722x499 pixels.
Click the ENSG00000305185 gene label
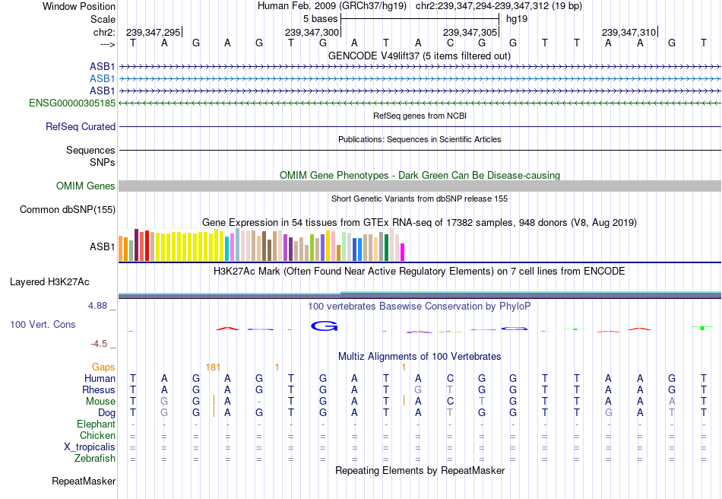(x=72, y=103)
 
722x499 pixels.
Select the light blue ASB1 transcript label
(x=103, y=78)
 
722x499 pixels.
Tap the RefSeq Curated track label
(x=81, y=127)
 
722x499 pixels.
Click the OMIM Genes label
(x=86, y=186)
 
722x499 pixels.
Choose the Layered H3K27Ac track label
(x=49, y=282)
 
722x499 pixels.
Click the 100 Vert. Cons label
(x=43, y=325)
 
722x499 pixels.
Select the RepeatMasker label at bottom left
(x=84, y=482)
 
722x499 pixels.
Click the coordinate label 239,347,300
(x=312, y=33)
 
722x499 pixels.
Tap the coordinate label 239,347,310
(x=629, y=33)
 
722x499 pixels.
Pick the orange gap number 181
(x=213, y=367)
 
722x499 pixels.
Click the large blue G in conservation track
(x=324, y=326)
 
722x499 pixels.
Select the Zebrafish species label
(x=95, y=459)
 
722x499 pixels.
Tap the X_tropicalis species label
(x=90, y=447)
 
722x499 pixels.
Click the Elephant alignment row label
(x=96, y=424)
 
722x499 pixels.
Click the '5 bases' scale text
(x=316, y=19)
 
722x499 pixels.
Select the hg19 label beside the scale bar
(x=516, y=19)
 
